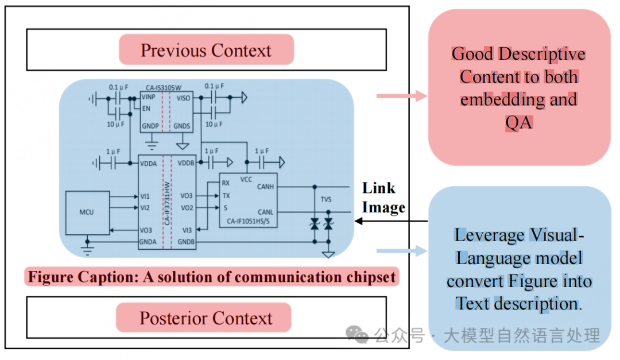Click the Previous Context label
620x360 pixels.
[x=206, y=50]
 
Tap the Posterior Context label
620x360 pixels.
[x=206, y=318]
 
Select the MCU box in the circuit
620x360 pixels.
[x=86, y=212]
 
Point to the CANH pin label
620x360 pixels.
[x=265, y=187]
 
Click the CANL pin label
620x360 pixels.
[x=265, y=212]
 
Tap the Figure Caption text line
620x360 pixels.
[x=212, y=277]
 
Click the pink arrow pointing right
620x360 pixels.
[x=402, y=95]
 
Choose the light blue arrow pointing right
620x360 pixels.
[x=402, y=251]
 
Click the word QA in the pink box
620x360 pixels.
[x=518, y=122]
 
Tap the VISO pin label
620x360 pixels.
[x=183, y=98]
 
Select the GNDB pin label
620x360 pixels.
[x=186, y=242]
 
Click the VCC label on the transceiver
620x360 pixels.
[x=246, y=179]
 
